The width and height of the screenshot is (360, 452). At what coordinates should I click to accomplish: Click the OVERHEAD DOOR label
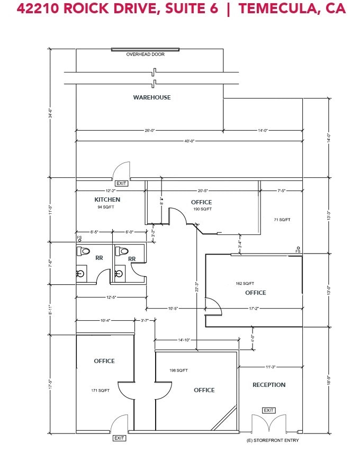pos(145,55)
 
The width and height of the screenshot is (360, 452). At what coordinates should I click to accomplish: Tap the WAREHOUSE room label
pos(151,97)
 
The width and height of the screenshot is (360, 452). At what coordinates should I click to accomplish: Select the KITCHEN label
pos(107,200)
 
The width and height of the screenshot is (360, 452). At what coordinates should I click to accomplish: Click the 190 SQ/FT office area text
pos(202,209)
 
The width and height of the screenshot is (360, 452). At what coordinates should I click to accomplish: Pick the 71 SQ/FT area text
pos(282,219)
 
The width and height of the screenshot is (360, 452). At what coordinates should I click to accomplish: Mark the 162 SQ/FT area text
pos(245,283)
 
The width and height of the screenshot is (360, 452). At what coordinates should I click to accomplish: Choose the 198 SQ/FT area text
pos(178,370)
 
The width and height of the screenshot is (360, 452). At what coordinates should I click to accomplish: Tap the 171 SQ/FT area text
pos(100,391)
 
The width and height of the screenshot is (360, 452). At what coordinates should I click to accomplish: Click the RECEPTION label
pos(269,385)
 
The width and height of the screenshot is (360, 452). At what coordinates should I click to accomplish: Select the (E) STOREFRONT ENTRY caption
pos(273,440)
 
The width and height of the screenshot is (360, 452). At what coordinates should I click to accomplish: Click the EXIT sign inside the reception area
pos(269,410)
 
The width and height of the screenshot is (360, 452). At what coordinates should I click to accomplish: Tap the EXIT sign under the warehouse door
pos(122,183)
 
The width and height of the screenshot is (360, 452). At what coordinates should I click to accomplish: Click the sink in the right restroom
pos(119,274)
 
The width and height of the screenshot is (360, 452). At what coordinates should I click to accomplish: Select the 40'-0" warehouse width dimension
pos(190,141)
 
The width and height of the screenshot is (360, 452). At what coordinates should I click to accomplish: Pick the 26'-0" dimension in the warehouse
pos(149,130)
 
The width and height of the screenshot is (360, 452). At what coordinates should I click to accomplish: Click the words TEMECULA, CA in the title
pos(291,9)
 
